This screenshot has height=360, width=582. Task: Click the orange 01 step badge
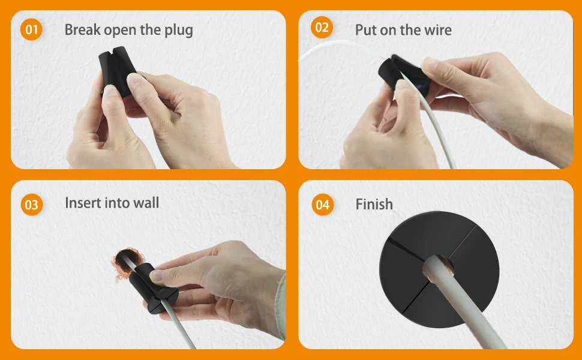pyautogui.click(x=31, y=29)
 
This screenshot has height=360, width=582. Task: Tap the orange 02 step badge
pyautogui.click(x=322, y=28)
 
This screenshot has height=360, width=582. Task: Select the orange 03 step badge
pyautogui.click(x=32, y=205)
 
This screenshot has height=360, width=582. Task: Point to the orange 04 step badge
pyautogui.click(x=323, y=205)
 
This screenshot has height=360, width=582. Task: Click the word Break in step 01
pyautogui.click(x=82, y=29)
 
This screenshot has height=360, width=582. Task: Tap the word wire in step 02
pyautogui.click(x=438, y=30)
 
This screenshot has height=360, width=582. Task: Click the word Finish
pyautogui.click(x=374, y=204)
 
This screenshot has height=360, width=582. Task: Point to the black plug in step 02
pyautogui.click(x=403, y=74)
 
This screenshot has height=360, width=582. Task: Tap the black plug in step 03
pyautogui.click(x=152, y=288)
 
